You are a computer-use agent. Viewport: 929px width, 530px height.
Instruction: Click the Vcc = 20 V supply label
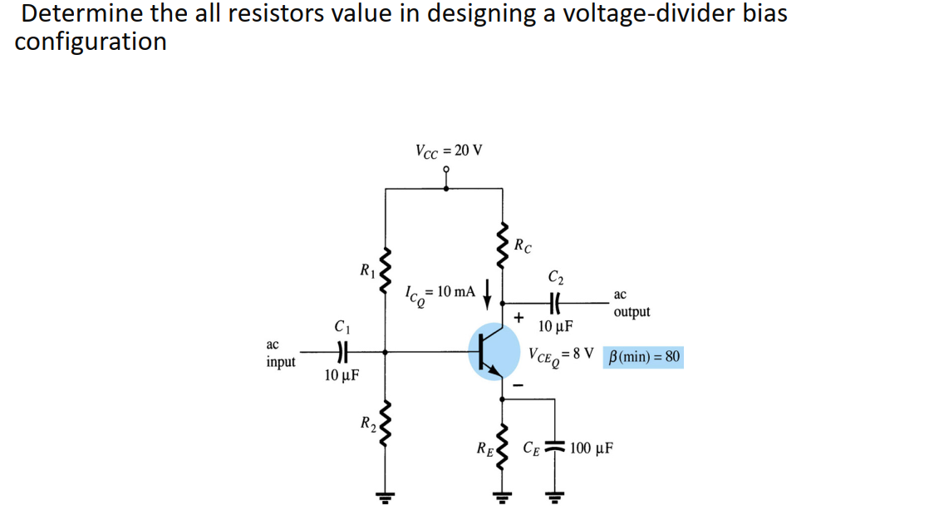(448, 151)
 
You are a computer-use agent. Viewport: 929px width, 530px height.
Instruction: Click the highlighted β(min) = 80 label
(645, 358)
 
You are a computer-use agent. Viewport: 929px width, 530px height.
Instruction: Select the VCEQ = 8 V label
(561, 355)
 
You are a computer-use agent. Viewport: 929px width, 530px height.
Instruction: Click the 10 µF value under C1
(342, 375)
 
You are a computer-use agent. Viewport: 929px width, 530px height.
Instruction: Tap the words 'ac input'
(280, 354)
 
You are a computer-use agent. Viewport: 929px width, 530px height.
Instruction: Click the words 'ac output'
(632, 304)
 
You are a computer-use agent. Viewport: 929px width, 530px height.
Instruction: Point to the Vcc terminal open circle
(448, 169)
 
